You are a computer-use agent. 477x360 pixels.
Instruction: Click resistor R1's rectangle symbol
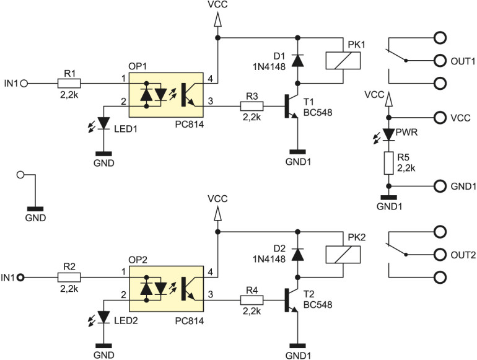(69, 82)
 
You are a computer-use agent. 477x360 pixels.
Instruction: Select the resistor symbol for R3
(252, 107)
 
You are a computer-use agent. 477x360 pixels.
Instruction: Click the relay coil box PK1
(343, 59)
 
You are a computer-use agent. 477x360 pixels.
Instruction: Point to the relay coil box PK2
(343, 254)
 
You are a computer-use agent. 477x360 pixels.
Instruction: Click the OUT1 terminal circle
(440, 61)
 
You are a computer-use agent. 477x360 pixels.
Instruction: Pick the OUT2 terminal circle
(440, 255)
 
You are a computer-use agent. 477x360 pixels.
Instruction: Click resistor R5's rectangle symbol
(388, 163)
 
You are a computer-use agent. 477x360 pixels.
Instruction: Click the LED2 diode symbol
(103, 318)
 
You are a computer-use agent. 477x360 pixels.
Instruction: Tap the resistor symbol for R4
(252, 301)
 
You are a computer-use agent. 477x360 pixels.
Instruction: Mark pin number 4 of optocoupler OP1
(211, 79)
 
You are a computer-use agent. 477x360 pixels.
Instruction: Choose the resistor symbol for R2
(69, 277)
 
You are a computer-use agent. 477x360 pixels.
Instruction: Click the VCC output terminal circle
(440, 116)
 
